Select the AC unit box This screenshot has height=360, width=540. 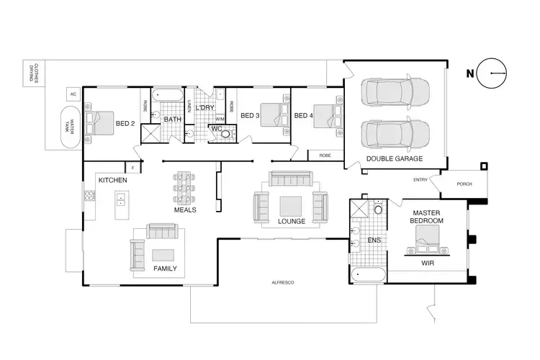[x=73, y=94]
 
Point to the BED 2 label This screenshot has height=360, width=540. [x=125, y=123]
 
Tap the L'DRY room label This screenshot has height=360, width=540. [x=206, y=107]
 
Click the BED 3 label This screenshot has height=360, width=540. [x=249, y=115]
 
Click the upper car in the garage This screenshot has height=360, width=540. [x=396, y=92]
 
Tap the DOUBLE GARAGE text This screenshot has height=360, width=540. [x=394, y=158]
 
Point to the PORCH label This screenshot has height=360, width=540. [x=465, y=184]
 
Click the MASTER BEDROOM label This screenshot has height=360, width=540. [x=427, y=216]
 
